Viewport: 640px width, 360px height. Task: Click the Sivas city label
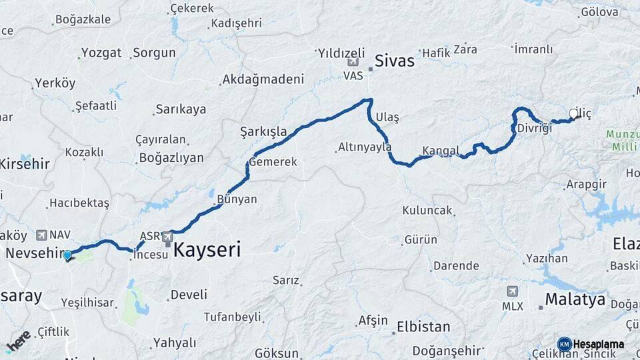395,61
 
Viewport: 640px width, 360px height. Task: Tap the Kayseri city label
207,250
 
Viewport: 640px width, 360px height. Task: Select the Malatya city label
575,299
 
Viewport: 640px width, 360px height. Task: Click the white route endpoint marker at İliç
573,114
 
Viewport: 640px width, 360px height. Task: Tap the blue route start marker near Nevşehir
67,255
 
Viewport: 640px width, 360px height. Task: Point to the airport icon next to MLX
512,291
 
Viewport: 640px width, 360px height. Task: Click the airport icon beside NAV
42,235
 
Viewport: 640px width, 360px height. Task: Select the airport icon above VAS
353,62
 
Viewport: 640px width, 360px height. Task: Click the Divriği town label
534,128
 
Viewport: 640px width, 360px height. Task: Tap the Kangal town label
441,150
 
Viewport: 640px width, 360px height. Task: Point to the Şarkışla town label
263,131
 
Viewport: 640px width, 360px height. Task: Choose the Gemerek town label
273,162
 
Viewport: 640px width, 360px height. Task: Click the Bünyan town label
237,199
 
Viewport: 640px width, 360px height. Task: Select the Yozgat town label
101,53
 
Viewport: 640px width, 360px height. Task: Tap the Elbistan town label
423,327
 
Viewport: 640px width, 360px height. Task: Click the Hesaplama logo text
598,344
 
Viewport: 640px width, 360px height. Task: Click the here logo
18,340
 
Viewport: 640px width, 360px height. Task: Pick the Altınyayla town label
365,147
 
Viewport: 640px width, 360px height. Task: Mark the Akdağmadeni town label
263,79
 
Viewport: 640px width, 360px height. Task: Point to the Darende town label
456,266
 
